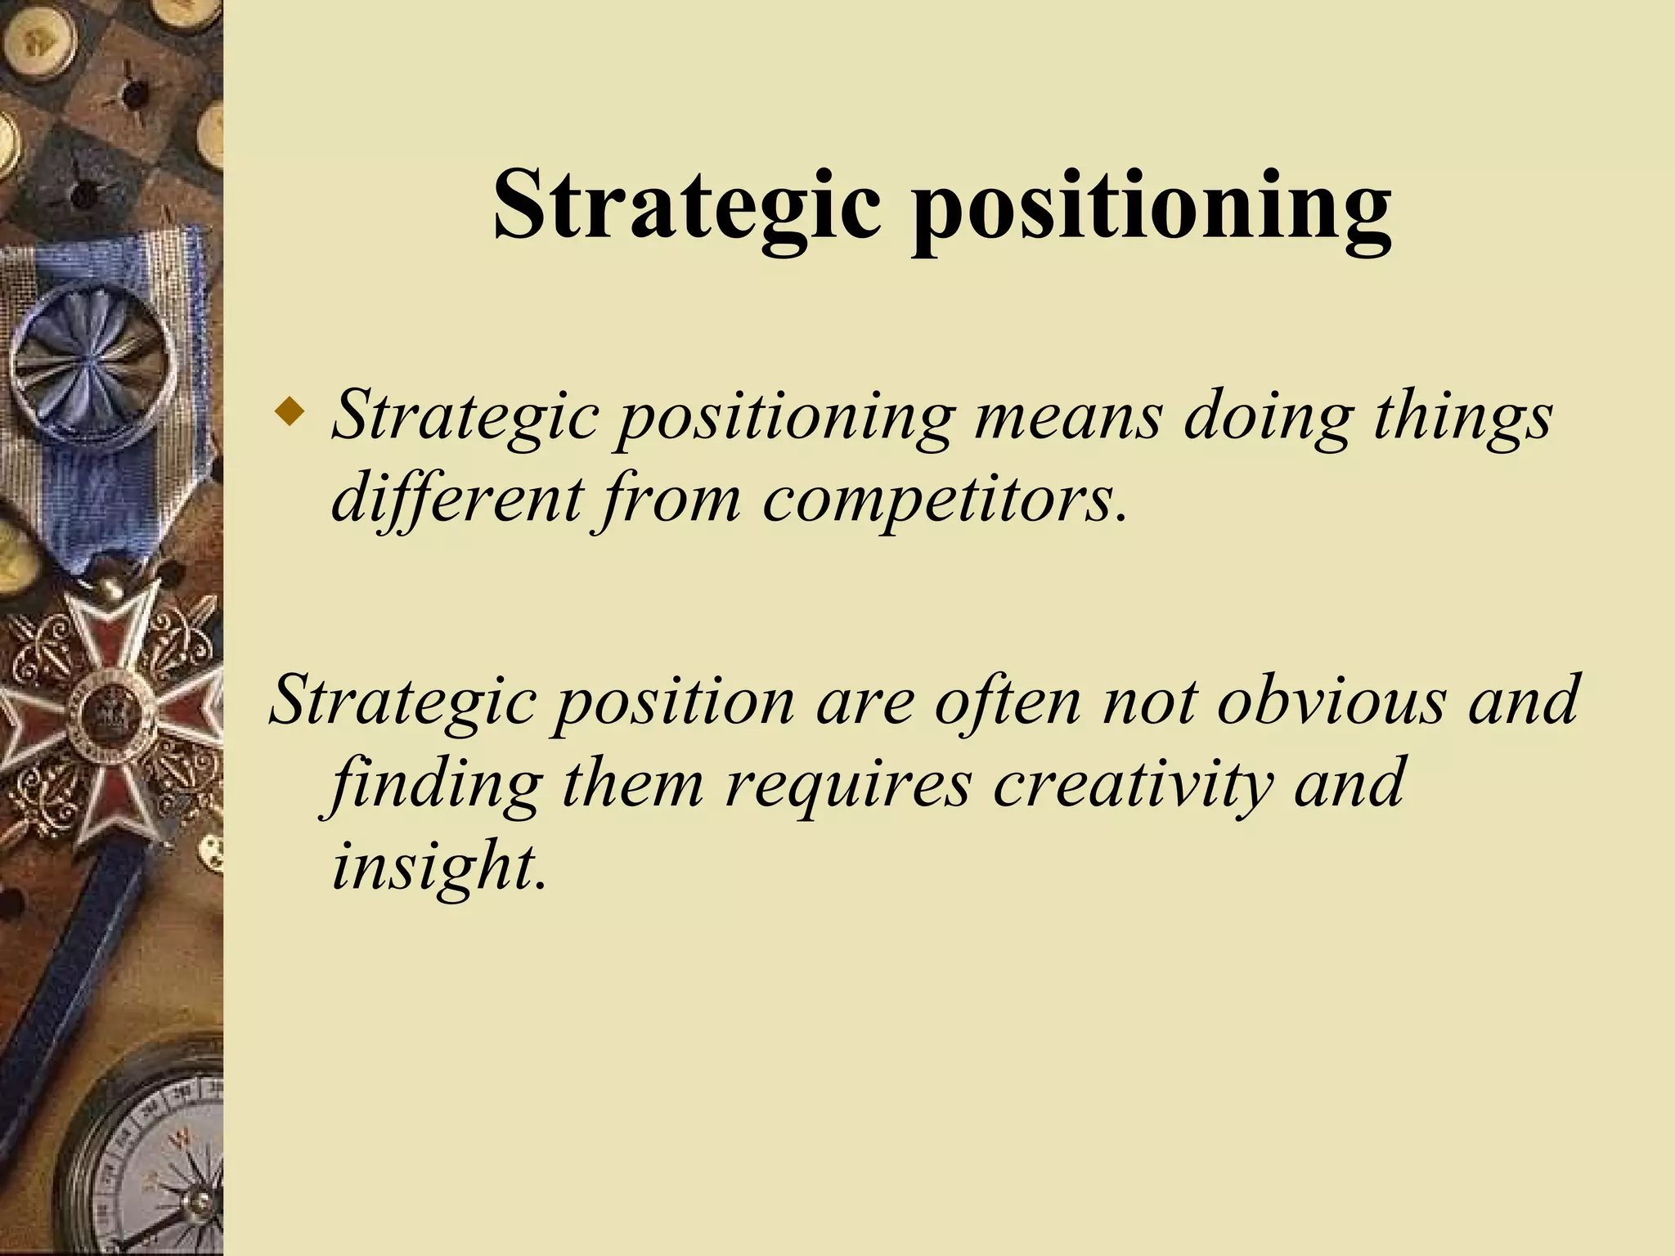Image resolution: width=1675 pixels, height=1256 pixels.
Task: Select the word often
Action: coord(1008,702)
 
